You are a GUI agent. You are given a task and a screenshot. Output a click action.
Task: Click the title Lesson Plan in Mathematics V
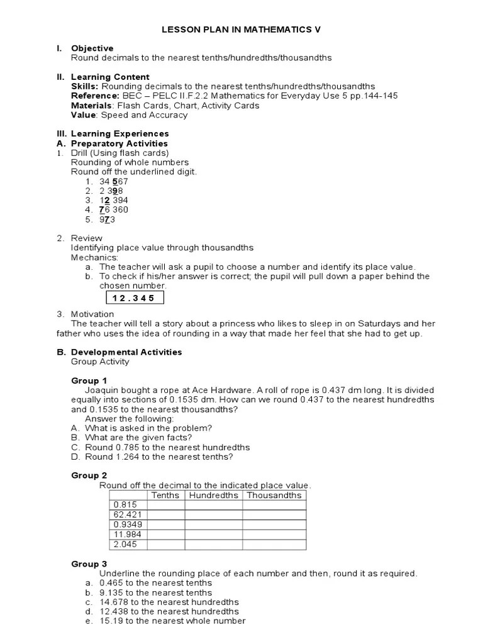[242, 30]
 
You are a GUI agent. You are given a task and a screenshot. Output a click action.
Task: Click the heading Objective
[92, 48]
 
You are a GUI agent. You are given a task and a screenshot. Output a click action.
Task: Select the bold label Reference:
[95, 96]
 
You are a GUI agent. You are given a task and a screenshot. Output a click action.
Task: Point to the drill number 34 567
[114, 181]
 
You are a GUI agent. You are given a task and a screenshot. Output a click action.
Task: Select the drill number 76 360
[113, 210]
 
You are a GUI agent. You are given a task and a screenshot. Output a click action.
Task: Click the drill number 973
[108, 219]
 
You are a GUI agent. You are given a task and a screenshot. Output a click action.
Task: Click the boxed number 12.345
[133, 298]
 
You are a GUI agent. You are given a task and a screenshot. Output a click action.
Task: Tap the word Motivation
[92, 314]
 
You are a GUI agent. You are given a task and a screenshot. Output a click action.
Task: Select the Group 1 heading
[89, 380]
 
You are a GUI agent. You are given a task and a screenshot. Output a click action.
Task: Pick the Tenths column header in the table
[165, 495]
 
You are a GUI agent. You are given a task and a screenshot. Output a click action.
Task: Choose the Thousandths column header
[274, 495]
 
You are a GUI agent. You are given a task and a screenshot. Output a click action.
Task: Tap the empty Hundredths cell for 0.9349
[214, 525]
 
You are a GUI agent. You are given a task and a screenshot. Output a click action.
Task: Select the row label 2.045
[124, 545]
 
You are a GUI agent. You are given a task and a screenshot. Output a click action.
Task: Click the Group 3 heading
[89, 563]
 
